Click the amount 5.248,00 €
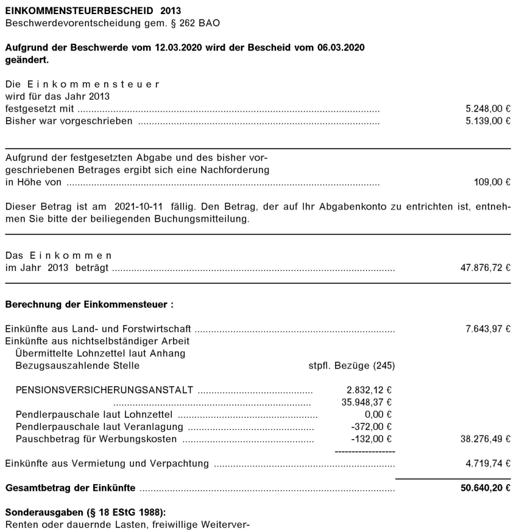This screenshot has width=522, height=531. click(x=487, y=108)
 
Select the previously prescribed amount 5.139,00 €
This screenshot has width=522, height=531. click(x=487, y=121)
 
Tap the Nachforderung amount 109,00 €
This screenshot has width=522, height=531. click(x=492, y=181)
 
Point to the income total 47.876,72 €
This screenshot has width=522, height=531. click(x=485, y=267)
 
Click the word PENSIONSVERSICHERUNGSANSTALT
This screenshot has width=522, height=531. click(x=104, y=389)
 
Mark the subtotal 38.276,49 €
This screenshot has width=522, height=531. click(x=485, y=438)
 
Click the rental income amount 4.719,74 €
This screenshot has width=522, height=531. click(x=487, y=464)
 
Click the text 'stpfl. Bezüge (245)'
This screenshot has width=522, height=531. click(x=352, y=365)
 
